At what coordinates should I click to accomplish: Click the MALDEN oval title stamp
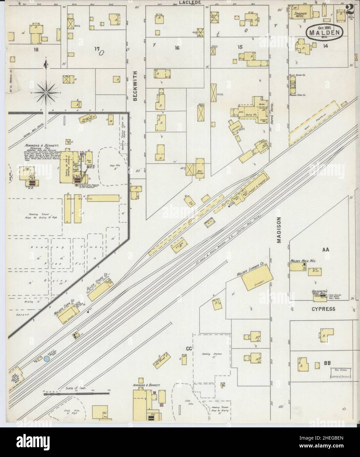click(x=325, y=33)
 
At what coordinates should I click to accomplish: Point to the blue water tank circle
click(x=47, y=359)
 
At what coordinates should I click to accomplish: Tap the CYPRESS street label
click(x=324, y=309)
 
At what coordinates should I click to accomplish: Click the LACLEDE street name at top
click(x=190, y=3)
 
